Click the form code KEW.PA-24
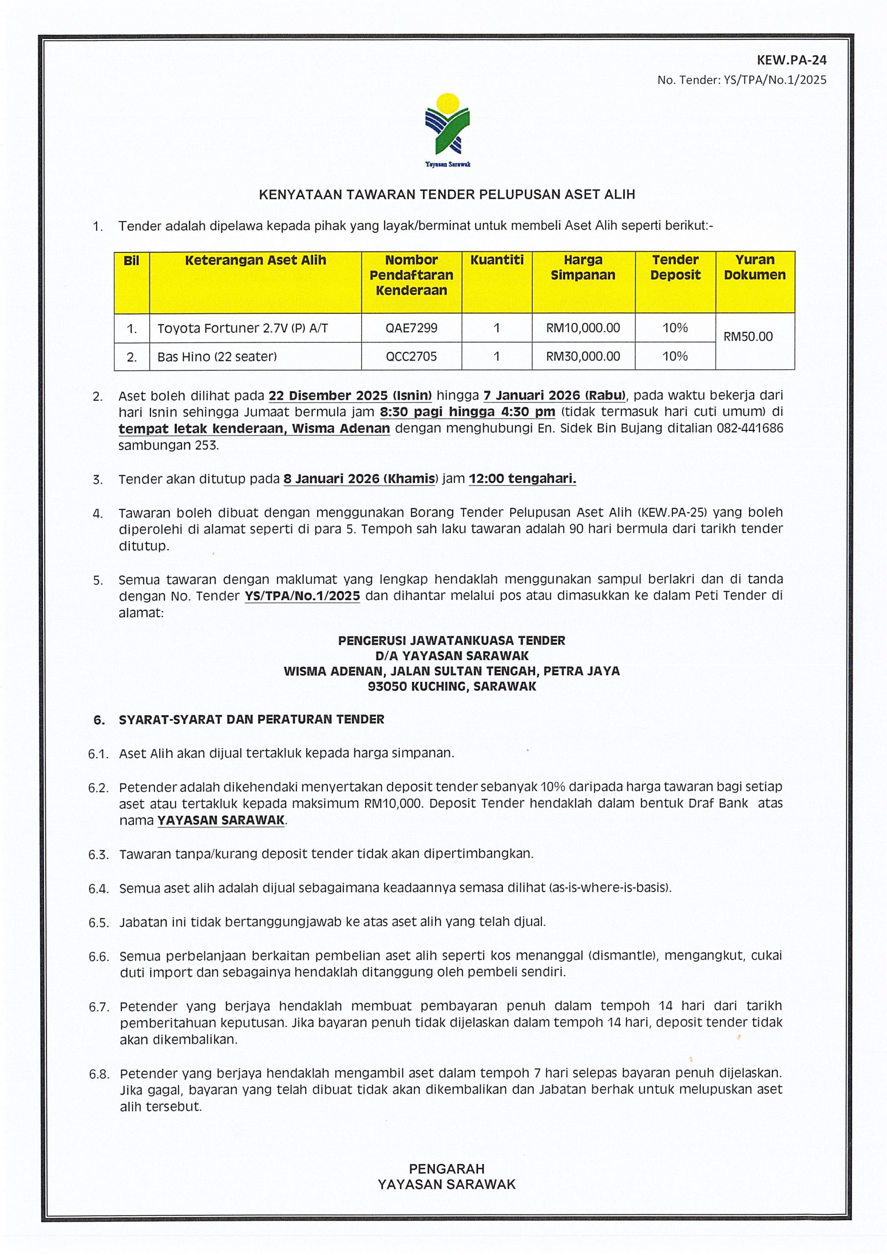[791, 60]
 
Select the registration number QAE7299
[411, 328]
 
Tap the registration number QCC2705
[411, 356]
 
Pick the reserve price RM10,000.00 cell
[583, 328]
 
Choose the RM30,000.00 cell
[583, 356]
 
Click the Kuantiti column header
[496, 260]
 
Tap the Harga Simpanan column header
[583, 267]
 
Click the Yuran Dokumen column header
[754, 267]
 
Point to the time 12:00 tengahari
[522, 479]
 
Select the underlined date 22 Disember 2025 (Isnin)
[350, 395]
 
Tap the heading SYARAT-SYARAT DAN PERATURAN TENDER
[251, 719]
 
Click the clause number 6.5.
[99, 923]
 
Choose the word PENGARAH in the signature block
[446, 1169]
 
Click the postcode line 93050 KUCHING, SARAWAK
[451, 686]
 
